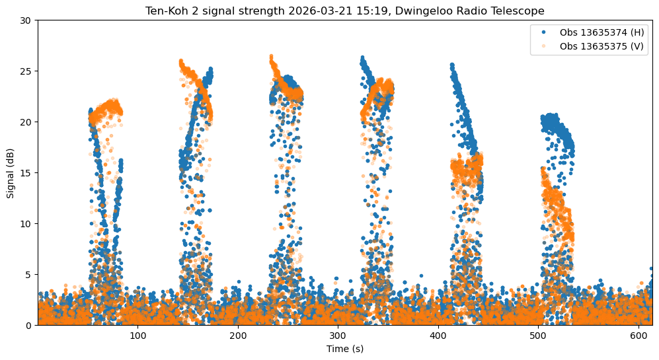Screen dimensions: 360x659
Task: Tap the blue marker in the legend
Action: (543, 32)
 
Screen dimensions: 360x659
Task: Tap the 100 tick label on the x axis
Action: (137, 335)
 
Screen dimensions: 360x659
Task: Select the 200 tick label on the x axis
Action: (238, 335)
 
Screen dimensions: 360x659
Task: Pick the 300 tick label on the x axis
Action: (338, 335)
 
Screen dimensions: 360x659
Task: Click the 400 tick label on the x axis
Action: (438, 335)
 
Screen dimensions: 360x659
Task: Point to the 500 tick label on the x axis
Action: (538, 335)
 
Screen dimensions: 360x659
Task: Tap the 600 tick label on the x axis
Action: (639, 335)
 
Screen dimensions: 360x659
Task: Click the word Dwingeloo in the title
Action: (442, 11)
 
